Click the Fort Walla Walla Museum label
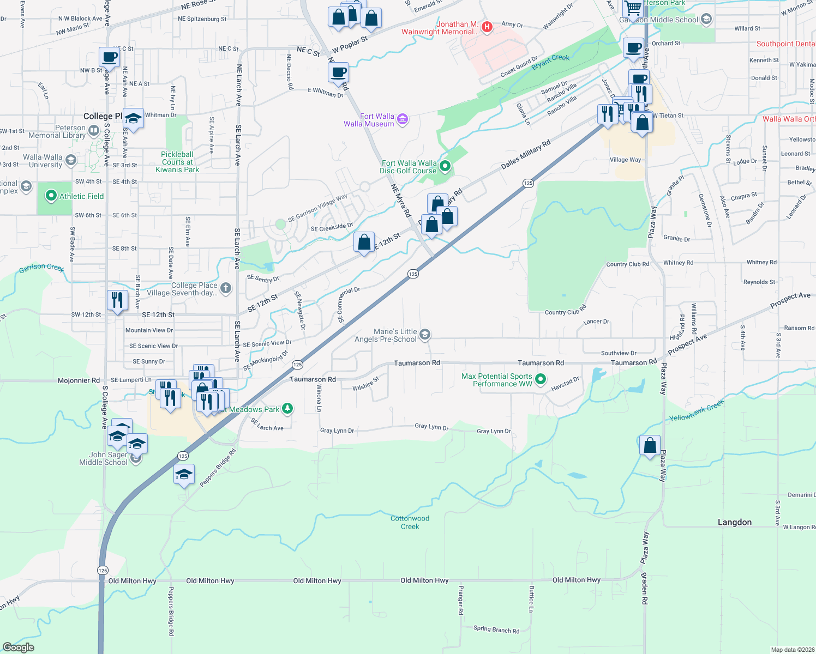point(369,120)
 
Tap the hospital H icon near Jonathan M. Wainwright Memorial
point(487,26)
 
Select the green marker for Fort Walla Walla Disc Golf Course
point(445,166)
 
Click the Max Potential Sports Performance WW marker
point(541,379)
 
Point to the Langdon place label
point(734,522)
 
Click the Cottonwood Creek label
point(410,522)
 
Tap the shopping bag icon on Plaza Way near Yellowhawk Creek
point(650,446)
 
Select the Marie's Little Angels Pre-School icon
point(425,334)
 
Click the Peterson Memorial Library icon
point(93,130)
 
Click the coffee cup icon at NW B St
point(110,57)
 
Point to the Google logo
point(18,647)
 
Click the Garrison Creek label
point(41,268)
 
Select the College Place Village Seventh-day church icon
point(225,288)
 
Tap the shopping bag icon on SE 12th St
point(364,241)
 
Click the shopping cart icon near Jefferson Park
point(633,9)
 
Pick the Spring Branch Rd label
point(496,629)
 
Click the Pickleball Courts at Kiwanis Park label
point(177,162)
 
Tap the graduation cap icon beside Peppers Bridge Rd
point(184,474)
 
